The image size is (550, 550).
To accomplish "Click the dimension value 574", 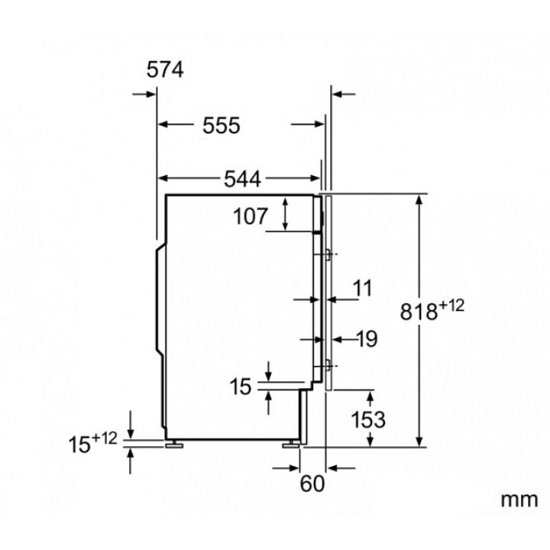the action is click(165, 70).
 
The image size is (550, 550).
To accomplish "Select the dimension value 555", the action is click(222, 125).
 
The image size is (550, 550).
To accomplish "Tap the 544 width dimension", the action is click(243, 179).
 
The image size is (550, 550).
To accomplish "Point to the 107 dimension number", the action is click(251, 216).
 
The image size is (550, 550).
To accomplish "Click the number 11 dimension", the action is click(362, 288).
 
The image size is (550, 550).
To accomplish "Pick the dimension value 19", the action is click(367, 339).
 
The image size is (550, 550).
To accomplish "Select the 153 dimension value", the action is click(368, 419).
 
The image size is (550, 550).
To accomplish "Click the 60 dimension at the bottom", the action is click(312, 484).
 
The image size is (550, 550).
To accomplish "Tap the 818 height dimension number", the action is click(419, 312).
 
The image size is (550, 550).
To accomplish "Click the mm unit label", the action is click(519, 500).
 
